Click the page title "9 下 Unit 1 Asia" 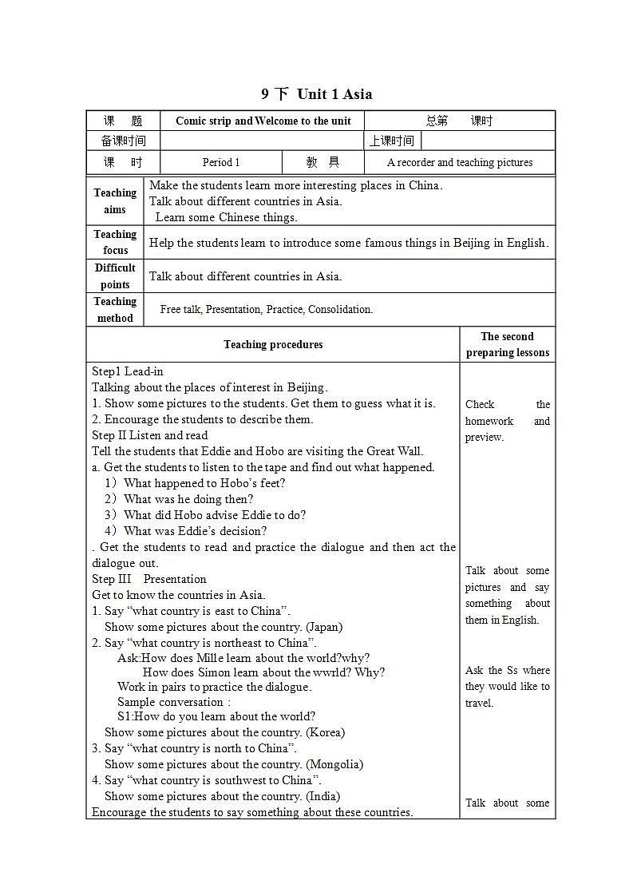[316, 94]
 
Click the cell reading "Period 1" [221, 162]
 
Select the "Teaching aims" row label [115, 201]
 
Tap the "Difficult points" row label [115, 276]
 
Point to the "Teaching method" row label [115, 310]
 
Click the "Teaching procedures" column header [273, 345]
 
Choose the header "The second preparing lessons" [508, 345]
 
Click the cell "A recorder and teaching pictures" [460, 162]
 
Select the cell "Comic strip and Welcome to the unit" [263, 121]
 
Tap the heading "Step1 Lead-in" [128, 371]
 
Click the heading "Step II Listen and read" [150, 435]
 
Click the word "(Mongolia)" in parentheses [334, 764]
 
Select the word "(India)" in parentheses [323, 796]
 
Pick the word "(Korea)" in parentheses [325, 732]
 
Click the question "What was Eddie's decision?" [196, 531]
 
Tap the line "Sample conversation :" [174, 702]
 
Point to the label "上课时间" [392, 141]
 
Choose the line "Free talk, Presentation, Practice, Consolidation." [267, 310]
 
